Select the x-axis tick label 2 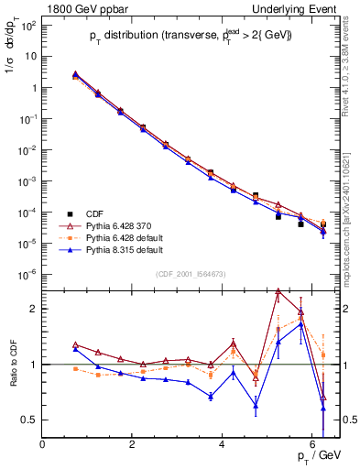[x=133, y=444]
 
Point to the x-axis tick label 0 [x=43, y=444]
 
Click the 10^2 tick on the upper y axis [x=28, y=25]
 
